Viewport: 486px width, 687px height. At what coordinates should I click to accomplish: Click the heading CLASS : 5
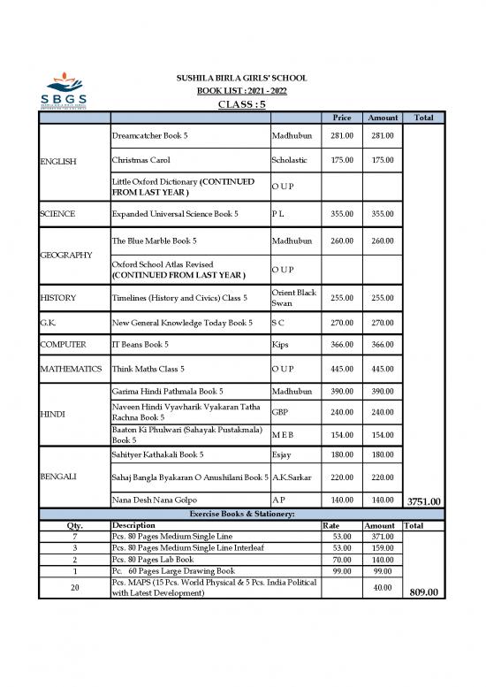(241, 103)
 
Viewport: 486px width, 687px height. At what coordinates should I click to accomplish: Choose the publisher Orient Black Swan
(294, 298)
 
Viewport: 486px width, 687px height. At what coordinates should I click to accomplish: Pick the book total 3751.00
(427, 502)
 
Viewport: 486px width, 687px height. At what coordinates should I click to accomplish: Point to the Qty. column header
(75, 524)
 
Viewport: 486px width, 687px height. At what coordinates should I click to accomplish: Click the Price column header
(340, 118)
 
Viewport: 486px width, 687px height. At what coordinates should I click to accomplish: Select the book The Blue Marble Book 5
(154, 240)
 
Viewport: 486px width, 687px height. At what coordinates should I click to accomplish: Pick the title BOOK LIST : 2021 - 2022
(241, 91)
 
